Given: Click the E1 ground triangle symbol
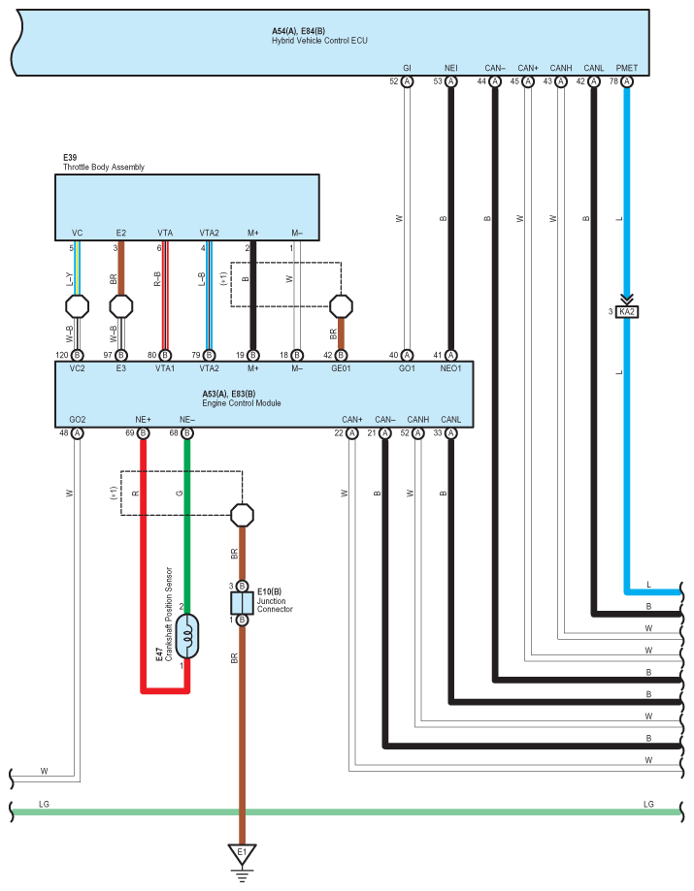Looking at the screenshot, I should coord(242,854).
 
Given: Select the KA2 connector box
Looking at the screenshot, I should coord(627,312).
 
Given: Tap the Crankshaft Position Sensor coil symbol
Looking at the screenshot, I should coord(187,635).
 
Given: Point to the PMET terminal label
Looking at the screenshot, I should coord(627,68).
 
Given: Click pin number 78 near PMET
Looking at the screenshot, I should coord(613,82).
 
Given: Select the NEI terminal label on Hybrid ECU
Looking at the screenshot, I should coord(450,68).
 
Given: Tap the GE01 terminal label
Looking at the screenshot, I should coord(342,368).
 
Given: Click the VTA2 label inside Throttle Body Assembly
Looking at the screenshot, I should coord(209,233).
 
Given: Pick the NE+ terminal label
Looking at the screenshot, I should coord(144,419).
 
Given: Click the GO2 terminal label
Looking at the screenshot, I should coord(78,419).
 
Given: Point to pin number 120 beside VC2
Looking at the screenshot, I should coord(62,355).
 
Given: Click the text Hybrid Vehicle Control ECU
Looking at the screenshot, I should coord(319,41).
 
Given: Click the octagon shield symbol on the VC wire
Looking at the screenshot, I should coord(78,306).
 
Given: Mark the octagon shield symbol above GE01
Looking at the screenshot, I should coord(342,306).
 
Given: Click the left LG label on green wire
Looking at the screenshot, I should coord(43,805).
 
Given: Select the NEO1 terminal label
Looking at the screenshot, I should coord(449,368).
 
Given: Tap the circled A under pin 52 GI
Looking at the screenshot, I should coord(408,82).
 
